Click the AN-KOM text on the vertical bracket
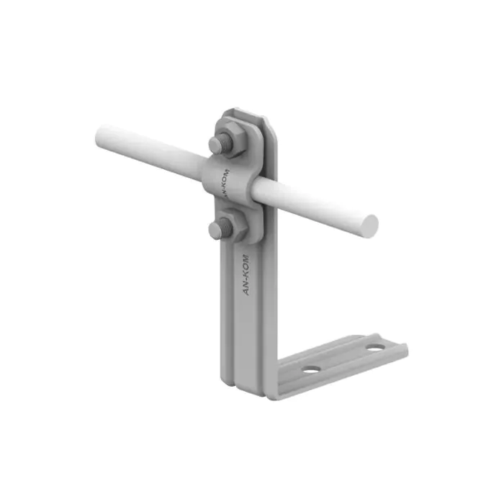point(246,274)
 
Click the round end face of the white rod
point(369,226)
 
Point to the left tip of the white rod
point(96,136)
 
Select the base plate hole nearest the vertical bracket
point(312,369)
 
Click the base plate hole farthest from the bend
point(375,348)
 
